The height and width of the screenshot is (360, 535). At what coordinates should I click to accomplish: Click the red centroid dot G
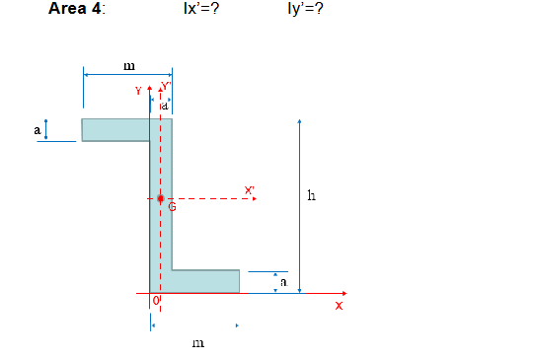[161, 198]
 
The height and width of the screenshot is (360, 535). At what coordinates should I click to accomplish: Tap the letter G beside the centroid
[171, 207]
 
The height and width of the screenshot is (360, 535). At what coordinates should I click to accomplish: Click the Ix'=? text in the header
[201, 10]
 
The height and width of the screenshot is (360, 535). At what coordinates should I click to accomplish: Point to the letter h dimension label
[313, 194]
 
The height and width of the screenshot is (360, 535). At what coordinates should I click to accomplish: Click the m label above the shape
[128, 66]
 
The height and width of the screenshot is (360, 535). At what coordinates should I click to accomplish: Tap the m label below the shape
[198, 342]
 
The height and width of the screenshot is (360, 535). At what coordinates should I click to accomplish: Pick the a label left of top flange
[37, 129]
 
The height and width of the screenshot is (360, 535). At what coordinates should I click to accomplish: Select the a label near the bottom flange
[283, 282]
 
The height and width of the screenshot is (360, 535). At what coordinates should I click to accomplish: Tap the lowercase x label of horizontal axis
[339, 306]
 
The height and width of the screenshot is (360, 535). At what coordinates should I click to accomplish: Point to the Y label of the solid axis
[139, 90]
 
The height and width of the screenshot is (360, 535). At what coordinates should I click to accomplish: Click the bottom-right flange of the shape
[205, 281]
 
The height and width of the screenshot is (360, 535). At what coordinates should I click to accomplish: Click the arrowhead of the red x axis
[344, 293]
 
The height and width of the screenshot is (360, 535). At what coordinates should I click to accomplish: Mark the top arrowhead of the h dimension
[299, 122]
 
